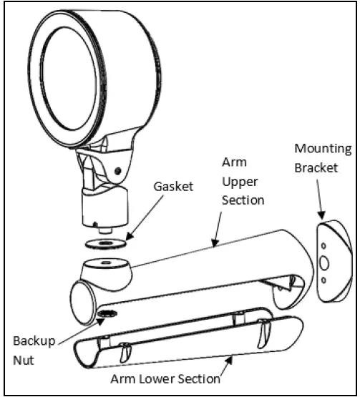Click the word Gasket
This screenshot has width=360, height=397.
coord(172,186)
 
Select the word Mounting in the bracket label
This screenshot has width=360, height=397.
coord(323,150)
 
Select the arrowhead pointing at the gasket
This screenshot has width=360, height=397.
coord(129,236)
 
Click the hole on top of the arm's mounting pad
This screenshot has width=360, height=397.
coord(106,265)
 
